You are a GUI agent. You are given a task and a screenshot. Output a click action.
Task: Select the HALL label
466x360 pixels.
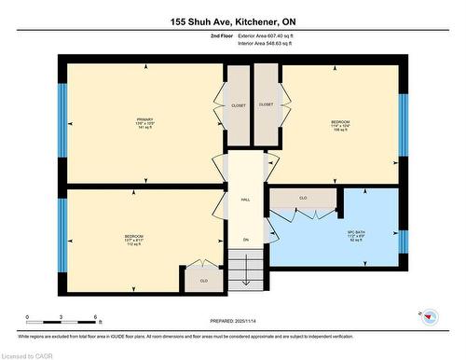click(246, 199)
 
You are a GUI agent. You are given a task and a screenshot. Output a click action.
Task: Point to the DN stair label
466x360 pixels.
click(246, 241)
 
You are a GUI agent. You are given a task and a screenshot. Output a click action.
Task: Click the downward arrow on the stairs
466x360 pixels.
click(246, 270)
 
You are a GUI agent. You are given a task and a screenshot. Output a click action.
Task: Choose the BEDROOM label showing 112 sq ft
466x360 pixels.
click(133, 236)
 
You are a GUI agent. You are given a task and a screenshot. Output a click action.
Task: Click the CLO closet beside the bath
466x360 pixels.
click(303, 199)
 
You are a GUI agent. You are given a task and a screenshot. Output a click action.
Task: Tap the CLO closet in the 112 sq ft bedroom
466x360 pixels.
click(203, 278)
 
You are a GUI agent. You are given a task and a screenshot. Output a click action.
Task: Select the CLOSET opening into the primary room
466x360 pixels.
click(239, 105)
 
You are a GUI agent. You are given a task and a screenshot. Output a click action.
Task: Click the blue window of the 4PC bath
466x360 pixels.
click(404, 240)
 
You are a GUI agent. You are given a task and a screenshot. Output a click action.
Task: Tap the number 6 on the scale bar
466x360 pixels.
click(96, 318)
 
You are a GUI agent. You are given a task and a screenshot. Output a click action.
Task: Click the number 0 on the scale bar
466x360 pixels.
click(27, 318)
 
